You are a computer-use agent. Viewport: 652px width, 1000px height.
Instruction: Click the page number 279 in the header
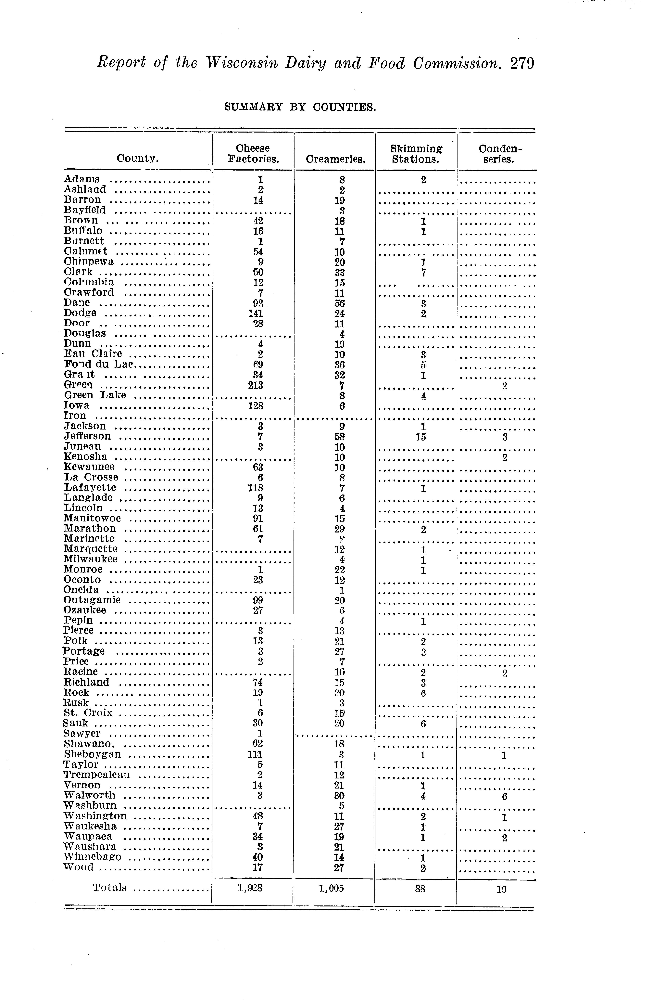(522, 63)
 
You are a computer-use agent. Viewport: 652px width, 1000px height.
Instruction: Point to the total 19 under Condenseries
(502, 889)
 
